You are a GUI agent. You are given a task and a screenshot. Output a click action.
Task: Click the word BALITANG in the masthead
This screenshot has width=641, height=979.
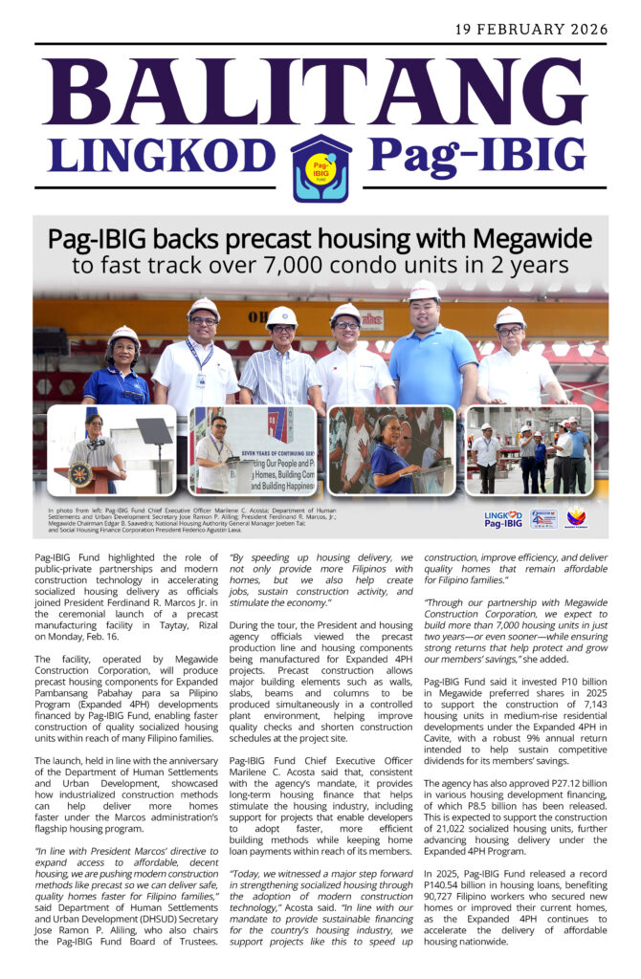pyautogui.click(x=320, y=93)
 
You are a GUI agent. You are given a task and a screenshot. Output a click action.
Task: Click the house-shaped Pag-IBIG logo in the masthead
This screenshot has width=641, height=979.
pyautogui.click(x=320, y=167)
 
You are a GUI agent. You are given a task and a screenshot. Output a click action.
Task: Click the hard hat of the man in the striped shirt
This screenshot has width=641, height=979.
pyautogui.click(x=280, y=316)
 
